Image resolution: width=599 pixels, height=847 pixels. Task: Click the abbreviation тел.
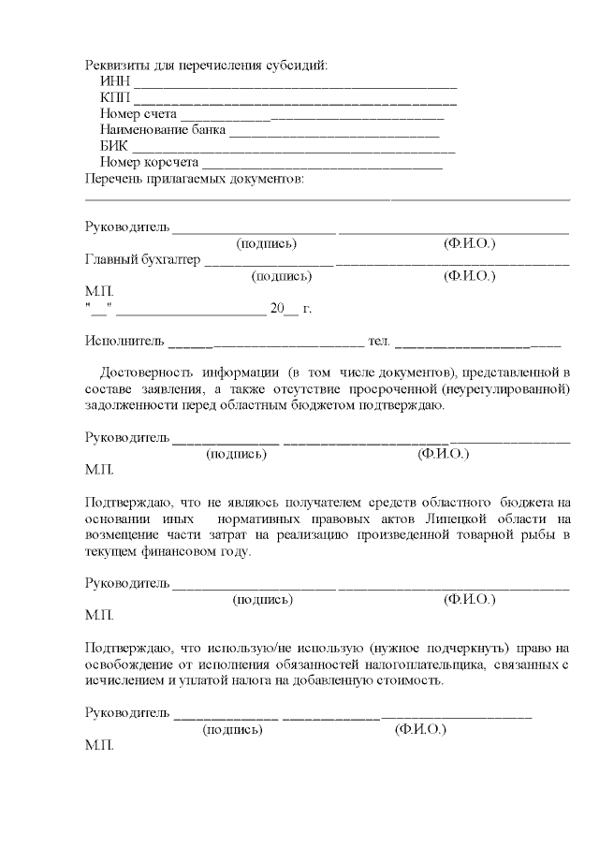pos(379,341)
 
